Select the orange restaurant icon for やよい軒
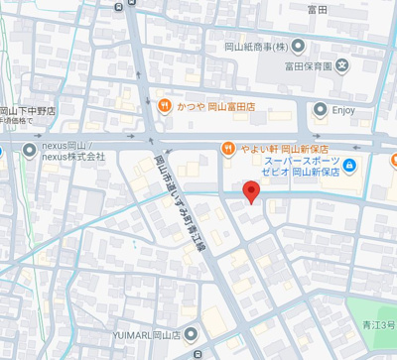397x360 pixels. click(228, 148)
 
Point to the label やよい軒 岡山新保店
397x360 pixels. click(281, 148)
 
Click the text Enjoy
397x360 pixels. click(343, 110)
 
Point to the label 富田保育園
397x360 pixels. click(306, 68)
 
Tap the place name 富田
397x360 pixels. click(318, 8)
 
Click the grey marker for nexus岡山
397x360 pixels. click(29, 151)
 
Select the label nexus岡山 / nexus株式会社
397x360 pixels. click(72, 151)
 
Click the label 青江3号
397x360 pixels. click(378, 324)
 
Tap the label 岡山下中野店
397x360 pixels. click(28, 111)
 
